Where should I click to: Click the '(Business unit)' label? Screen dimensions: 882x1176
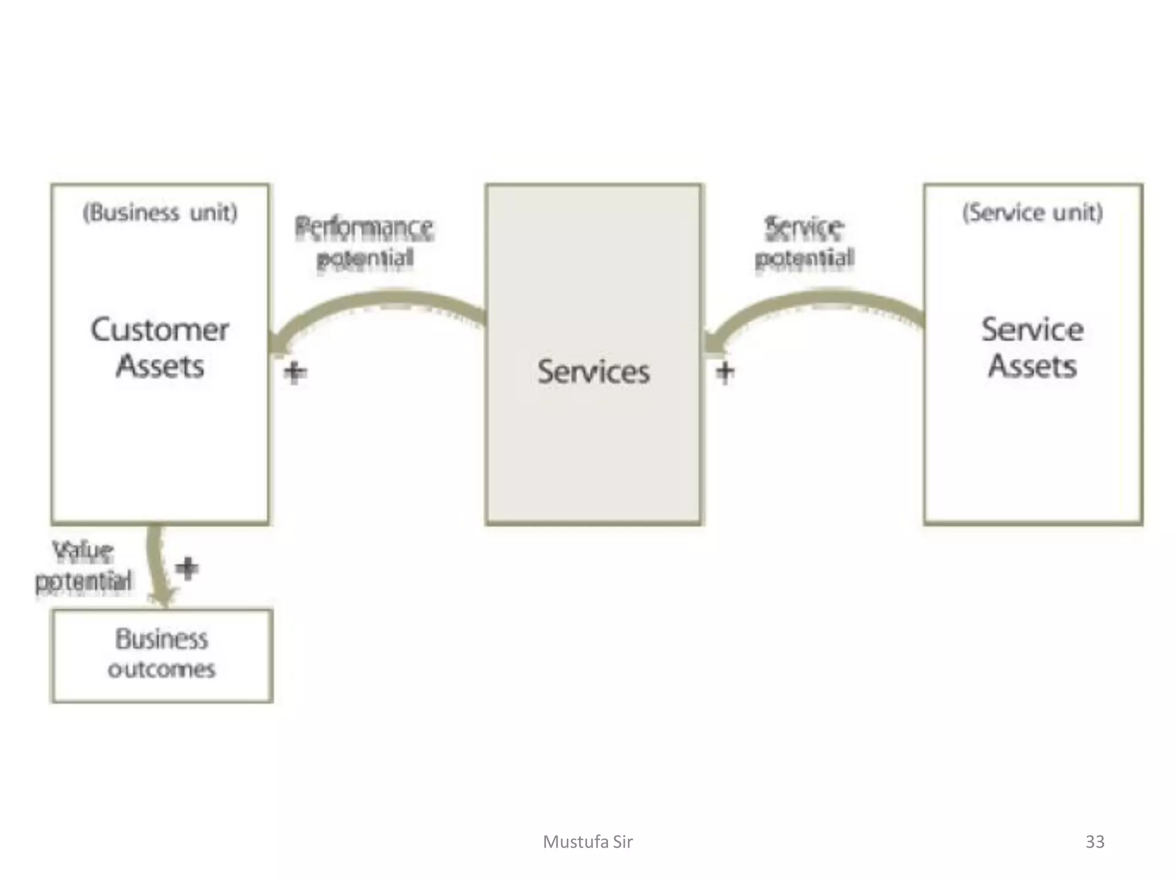click(160, 212)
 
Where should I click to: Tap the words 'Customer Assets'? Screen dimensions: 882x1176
click(160, 347)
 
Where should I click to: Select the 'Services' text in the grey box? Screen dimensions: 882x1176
click(593, 372)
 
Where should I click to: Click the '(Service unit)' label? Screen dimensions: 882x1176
click(1032, 212)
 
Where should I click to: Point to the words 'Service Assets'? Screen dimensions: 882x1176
click(1032, 347)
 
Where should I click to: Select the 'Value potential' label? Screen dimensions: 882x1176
click(84, 566)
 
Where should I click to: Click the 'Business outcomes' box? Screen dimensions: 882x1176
click(162, 655)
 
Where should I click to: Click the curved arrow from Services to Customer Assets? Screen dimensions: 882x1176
click(379, 301)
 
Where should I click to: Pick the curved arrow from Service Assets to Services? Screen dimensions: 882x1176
click(815, 301)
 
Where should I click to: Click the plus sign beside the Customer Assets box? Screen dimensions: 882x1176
click(295, 372)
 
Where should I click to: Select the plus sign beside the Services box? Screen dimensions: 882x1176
click(725, 372)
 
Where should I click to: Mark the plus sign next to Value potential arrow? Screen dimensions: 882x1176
click(187, 568)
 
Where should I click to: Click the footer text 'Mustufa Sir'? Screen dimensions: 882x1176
click(587, 842)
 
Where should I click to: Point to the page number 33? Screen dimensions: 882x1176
click(1094, 842)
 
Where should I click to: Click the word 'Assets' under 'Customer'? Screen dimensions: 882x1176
click(160, 366)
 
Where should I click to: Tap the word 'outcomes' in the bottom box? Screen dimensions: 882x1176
click(162, 670)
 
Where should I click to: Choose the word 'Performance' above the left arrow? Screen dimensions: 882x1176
click(364, 227)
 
